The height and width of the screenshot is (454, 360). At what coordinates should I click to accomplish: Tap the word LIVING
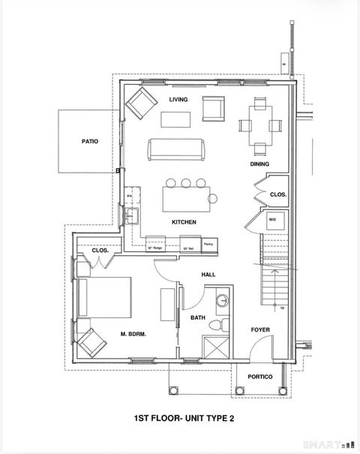click(x=178, y=100)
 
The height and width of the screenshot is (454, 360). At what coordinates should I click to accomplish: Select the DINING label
click(x=259, y=164)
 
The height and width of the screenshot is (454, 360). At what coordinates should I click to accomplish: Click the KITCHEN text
click(x=184, y=222)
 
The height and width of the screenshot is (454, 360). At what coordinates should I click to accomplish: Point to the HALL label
click(x=208, y=275)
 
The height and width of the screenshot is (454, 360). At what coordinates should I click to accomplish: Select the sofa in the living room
click(x=177, y=149)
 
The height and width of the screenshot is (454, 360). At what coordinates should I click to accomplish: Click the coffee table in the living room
click(x=175, y=119)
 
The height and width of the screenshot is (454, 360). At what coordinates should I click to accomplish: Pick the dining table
click(x=259, y=126)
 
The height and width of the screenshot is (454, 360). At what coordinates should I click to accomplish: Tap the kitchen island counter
click(x=184, y=199)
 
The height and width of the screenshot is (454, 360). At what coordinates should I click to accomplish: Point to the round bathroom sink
click(x=222, y=302)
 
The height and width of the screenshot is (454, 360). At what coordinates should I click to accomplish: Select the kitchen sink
click(x=133, y=217)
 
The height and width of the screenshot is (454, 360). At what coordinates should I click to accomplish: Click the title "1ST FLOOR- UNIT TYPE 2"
click(x=180, y=420)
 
